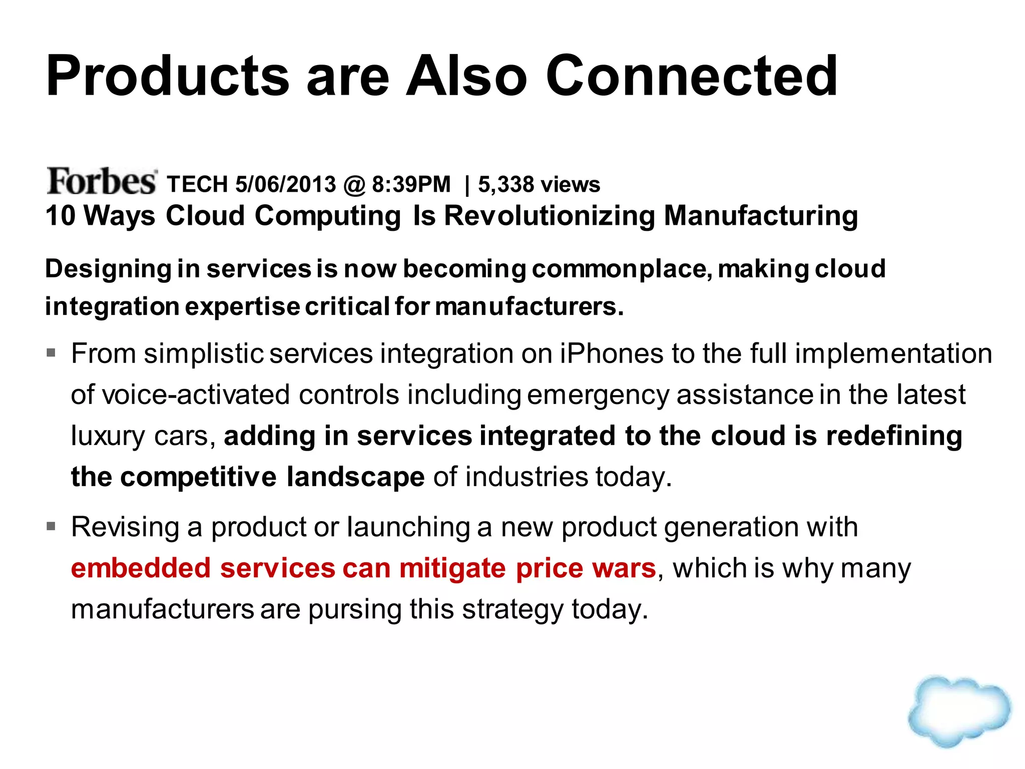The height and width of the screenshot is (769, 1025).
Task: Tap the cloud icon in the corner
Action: click(x=960, y=711)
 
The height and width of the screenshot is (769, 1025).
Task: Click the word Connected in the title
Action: click(x=692, y=76)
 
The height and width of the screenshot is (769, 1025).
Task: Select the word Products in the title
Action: click(x=167, y=76)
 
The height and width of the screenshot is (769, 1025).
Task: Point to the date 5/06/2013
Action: click(x=286, y=184)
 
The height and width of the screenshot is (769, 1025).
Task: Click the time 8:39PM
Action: click(x=411, y=184)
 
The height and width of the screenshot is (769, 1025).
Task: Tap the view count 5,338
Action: click(x=506, y=184)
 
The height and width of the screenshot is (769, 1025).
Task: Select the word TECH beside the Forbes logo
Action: click(x=197, y=184)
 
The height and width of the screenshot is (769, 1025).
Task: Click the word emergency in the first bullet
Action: click(x=598, y=396)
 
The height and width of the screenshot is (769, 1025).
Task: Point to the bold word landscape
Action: click(x=356, y=477)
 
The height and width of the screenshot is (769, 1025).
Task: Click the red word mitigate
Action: click(x=452, y=568)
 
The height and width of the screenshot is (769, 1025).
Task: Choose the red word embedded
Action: click(x=141, y=568)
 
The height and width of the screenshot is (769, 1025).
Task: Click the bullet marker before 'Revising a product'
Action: click(x=51, y=527)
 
